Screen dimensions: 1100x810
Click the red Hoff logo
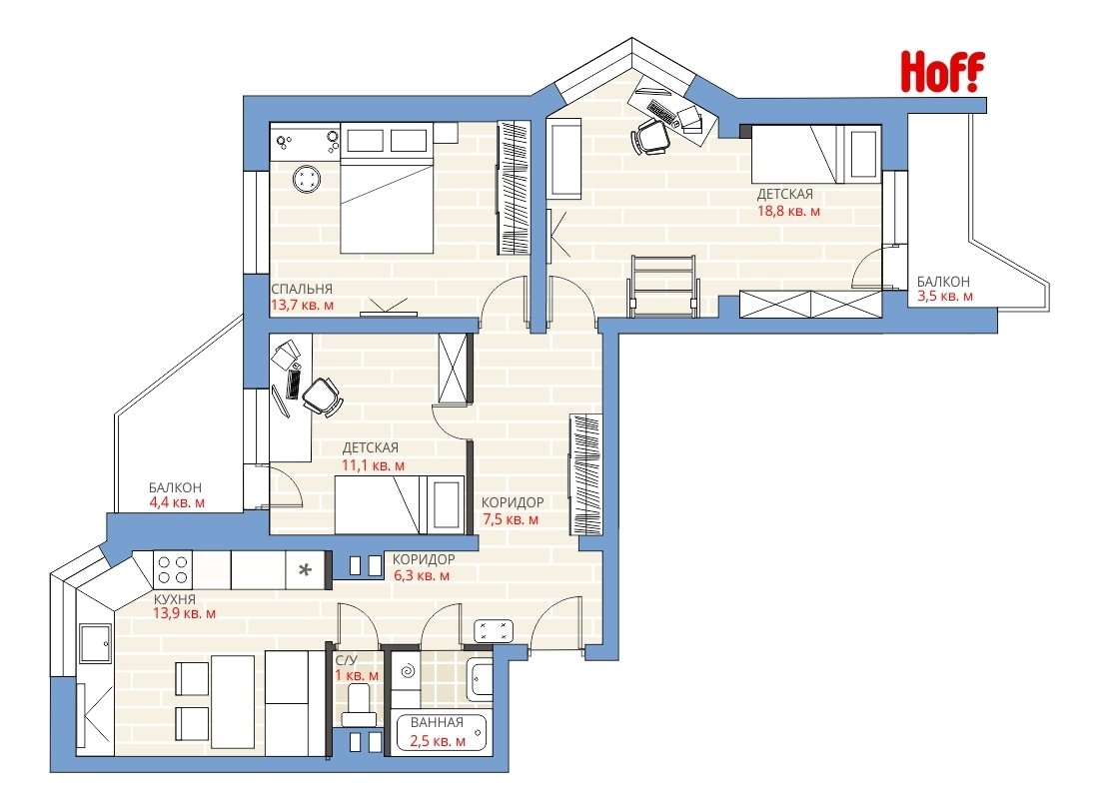pyautogui.click(x=942, y=72)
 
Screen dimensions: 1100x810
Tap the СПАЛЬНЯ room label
pyautogui.click(x=302, y=289)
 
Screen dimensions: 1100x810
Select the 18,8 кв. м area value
pyautogui.click(x=788, y=211)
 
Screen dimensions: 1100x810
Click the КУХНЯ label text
pyautogui.click(x=175, y=599)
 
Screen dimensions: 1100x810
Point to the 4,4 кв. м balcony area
pyautogui.click(x=177, y=502)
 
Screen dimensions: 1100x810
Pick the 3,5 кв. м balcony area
pyautogui.click(x=945, y=296)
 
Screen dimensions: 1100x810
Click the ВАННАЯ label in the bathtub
pyautogui.click(x=437, y=722)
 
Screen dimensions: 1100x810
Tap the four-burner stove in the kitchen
pyautogui.click(x=173, y=569)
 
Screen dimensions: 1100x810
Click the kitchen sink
pyautogui.click(x=95, y=644)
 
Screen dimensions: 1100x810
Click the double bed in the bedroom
pyautogui.click(x=386, y=188)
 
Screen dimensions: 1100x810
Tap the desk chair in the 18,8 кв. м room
pyautogui.click(x=650, y=136)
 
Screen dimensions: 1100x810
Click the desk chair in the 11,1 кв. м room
pyautogui.click(x=323, y=397)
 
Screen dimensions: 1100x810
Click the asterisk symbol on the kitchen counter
pyautogui.click(x=305, y=570)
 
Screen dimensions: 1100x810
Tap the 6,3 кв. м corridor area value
pyautogui.click(x=421, y=575)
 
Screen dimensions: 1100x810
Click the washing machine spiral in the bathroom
pyautogui.click(x=407, y=672)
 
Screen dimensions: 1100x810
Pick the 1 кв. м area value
pyautogui.click(x=357, y=675)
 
